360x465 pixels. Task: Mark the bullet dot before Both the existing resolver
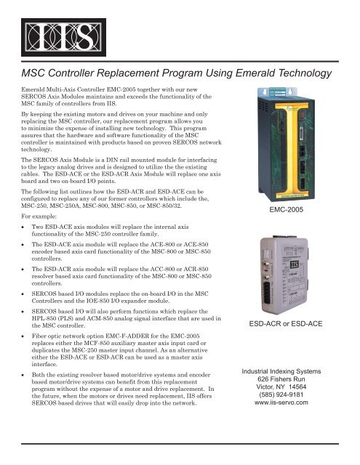coord(26,395)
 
